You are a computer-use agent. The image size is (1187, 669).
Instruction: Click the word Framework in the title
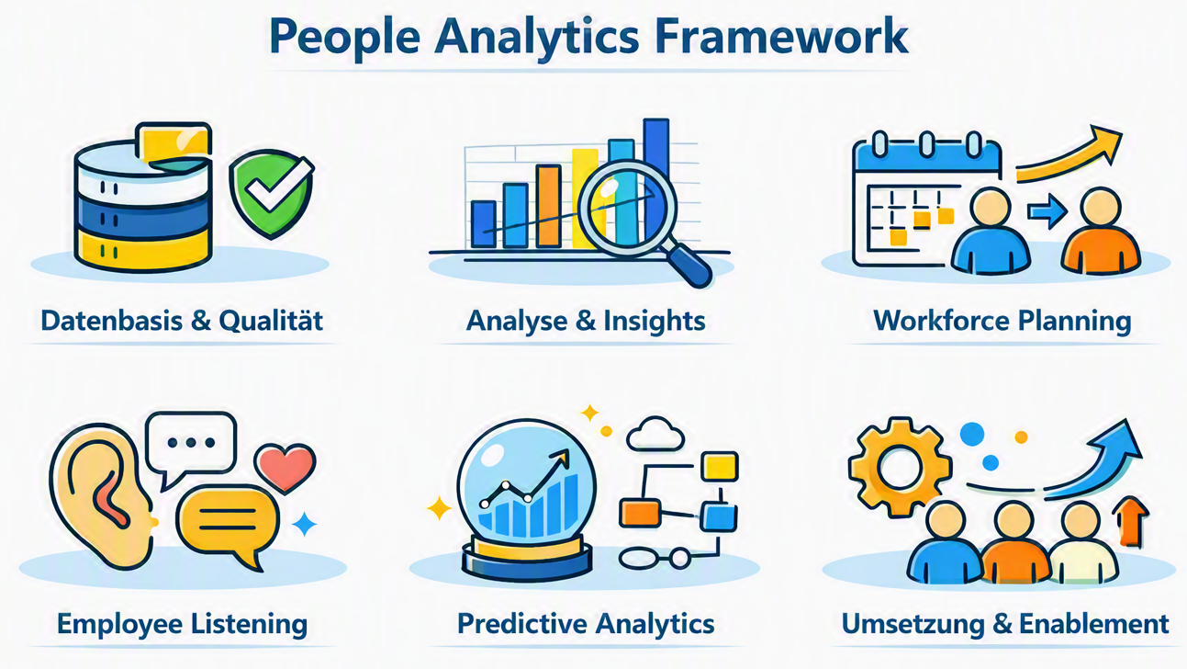click(x=781, y=36)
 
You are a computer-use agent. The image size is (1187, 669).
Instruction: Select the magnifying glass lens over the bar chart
click(x=626, y=208)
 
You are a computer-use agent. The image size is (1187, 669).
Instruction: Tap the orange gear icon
click(x=900, y=468)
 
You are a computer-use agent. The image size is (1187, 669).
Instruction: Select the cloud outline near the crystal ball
click(x=655, y=434)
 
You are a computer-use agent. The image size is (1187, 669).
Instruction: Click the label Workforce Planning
click(x=1002, y=322)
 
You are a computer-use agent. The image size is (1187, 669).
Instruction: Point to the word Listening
click(x=249, y=624)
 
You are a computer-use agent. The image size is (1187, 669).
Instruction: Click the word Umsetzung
click(x=913, y=625)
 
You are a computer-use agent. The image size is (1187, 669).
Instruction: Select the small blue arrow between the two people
click(x=1047, y=211)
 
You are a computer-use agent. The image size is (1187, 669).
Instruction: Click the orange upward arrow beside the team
click(x=1130, y=522)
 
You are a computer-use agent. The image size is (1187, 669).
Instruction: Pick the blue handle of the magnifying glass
click(x=688, y=265)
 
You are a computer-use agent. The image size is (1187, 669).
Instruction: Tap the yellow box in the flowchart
click(x=720, y=467)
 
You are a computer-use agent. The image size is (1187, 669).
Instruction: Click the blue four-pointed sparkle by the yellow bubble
click(x=304, y=524)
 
